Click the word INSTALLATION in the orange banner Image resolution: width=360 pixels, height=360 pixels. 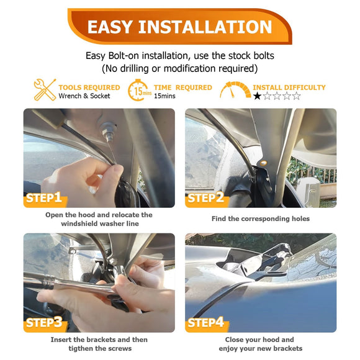pos(205,27)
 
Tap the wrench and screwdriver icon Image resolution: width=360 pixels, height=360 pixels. pos(45,90)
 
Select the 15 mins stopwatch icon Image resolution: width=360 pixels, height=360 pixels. pos(140,90)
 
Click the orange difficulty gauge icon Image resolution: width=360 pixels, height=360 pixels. pos(235,90)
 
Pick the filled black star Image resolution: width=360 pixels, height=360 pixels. pos(258,96)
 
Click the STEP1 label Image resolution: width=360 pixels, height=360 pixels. pos(44,198)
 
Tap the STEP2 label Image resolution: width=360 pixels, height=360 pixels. pos(205,198)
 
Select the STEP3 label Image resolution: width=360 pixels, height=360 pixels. pos(44,323)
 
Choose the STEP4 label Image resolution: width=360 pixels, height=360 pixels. pos(205,323)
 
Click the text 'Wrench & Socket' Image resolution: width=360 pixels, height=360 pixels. pos(84,96)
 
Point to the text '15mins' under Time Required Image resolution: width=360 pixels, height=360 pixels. pos(164,96)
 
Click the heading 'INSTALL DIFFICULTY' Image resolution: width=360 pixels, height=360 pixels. pos(289,88)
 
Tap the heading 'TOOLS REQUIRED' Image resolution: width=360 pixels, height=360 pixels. pos(89,88)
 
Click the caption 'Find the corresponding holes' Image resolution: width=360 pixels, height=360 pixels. pos(261,219)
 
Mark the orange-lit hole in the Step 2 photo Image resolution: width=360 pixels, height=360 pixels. pos(263,163)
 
